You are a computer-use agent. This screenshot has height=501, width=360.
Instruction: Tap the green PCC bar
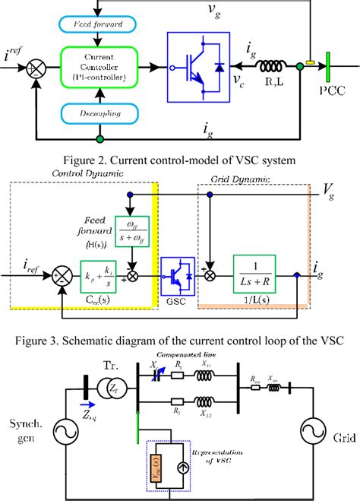tap(327, 72)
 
